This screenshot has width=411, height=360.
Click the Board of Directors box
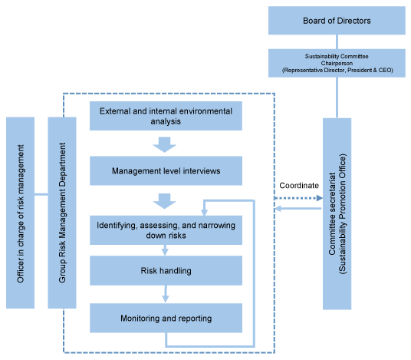337,21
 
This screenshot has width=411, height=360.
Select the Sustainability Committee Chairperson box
337,63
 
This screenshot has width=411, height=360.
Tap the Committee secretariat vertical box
337,213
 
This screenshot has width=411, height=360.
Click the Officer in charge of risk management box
20,213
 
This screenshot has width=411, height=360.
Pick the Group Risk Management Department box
62,213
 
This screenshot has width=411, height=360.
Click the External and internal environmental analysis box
166,116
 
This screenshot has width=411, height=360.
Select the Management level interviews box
166,171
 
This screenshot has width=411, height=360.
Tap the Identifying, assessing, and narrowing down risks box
166,230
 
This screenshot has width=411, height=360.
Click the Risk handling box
166,270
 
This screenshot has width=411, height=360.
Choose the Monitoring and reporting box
166,318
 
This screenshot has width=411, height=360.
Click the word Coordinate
299,186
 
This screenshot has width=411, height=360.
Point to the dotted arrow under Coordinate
298,198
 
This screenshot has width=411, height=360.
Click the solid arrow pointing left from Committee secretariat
298,209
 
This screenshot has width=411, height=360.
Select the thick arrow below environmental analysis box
164,144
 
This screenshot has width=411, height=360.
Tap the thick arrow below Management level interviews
164,201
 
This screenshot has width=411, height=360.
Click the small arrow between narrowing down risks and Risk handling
165,250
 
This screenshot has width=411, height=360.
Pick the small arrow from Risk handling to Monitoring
166,294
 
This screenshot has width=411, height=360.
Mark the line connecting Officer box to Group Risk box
41,194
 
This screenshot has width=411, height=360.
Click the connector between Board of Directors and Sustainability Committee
337,41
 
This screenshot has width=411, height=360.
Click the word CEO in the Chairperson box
385,70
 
